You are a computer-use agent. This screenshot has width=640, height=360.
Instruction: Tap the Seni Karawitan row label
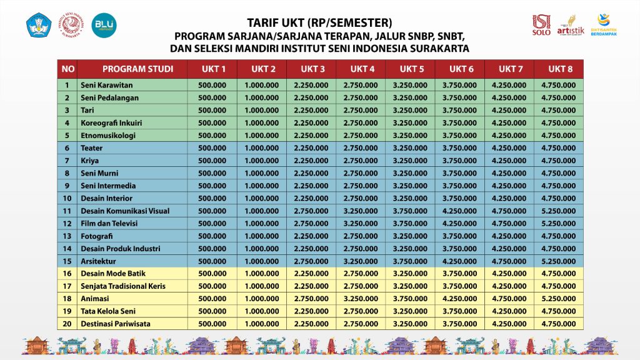pos(107,85)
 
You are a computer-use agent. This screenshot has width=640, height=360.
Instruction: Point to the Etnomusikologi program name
pos(108,135)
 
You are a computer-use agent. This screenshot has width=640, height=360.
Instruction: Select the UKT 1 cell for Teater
pos(212,148)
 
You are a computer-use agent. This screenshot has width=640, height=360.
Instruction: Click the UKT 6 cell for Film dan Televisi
pos(460,223)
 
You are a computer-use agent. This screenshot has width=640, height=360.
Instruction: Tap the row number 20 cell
pos(67,323)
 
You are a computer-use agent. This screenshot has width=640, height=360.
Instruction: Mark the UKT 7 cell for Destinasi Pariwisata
pos(509,323)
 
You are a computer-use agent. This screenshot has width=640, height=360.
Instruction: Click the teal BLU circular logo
pos(104,25)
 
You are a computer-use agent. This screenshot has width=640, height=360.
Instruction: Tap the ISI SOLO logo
pos(541,25)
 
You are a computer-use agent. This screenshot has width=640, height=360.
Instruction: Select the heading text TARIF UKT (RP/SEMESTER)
pos(320,24)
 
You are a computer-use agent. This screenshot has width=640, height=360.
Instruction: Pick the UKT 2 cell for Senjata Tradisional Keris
pos(261,286)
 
